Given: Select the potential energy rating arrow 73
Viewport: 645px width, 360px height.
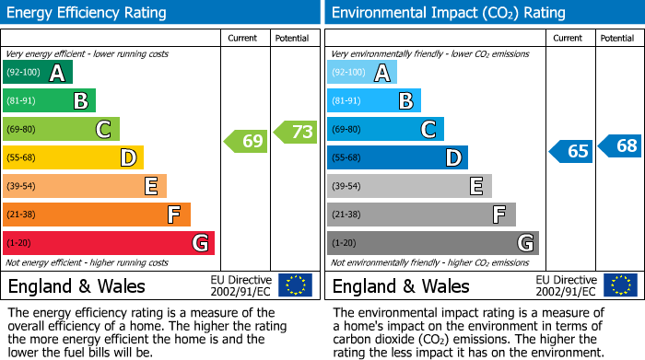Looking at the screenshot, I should [295, 133].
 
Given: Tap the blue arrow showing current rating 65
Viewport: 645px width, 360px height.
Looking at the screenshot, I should [570, 151].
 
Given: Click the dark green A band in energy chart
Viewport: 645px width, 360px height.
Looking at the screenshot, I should [38, 73].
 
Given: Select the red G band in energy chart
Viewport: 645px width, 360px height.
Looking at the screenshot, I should [109, 243].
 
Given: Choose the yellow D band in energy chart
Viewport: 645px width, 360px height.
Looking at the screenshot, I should [73, 158].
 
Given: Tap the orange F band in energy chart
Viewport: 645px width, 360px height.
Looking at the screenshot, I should [97, 215].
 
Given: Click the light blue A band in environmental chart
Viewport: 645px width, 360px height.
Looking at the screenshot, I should [362, 73].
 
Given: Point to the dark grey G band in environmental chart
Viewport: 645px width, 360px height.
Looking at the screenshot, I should [432, 243].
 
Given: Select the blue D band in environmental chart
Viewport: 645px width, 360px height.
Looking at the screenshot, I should [397, 158].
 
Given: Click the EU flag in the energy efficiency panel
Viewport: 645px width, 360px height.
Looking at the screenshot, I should [295, 285].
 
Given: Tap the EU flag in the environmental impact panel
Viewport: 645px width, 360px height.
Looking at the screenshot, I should [619, 285].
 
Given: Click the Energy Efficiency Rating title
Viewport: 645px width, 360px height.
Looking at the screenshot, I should [88, 13].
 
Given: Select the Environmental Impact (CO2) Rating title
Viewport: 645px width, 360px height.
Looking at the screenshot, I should [448, 13].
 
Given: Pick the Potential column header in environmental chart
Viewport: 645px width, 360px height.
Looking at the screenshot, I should [617, 38].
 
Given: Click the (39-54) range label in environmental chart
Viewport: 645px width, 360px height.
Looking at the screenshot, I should [347, 187].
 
